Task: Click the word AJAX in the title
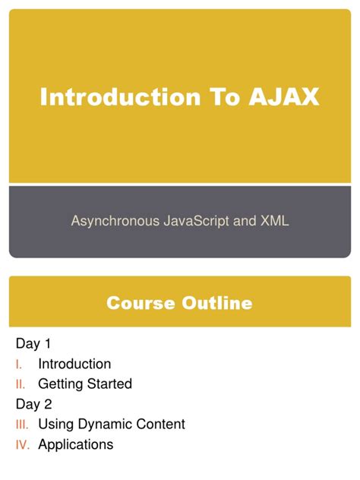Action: click(x=283, y=97)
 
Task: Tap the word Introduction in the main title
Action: click(x=112, y=97)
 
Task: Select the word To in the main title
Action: click(x=217, y=97)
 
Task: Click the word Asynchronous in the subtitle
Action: click(x=115, y=221)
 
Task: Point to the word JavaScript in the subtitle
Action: click(x=204, y=221)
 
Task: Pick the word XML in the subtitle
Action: click(x=274, y=221)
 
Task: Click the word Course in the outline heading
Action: click(x=141, y=304)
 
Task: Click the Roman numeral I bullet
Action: click(x=19, y=365)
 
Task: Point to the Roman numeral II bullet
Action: click(x=21, y=384)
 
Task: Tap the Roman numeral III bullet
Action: click(x=22, y=425)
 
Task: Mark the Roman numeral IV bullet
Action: click(x=22, y=445)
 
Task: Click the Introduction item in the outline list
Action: click(x=74, y=365)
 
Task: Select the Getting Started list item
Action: click(x=85, y=384)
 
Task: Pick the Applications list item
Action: click(x=75, y=445)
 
